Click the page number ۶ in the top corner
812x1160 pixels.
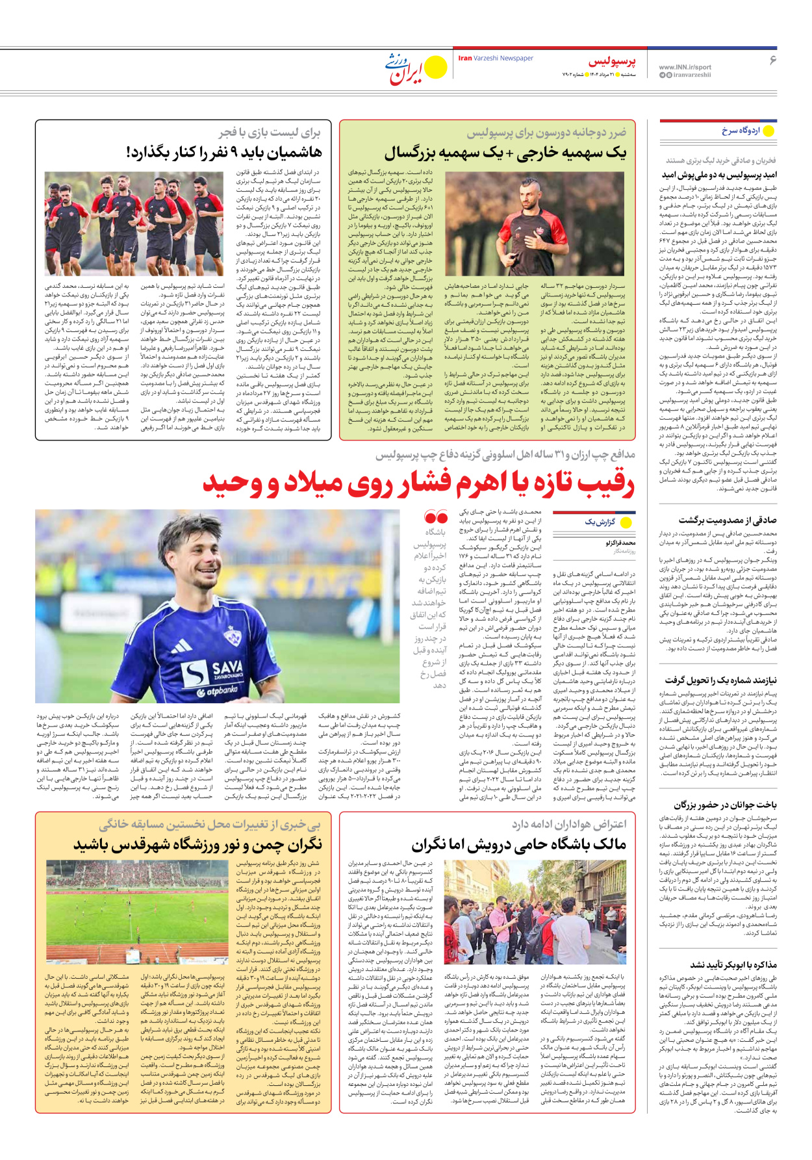(772, 60)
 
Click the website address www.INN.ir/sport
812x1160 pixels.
(685, 67)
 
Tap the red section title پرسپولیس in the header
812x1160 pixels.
(612, 62)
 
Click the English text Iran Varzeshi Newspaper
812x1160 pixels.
(496, 58)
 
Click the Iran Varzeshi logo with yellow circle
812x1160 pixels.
(416, 68)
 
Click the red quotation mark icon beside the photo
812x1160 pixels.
(435, 518)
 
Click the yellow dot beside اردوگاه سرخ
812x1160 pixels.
(768, 131)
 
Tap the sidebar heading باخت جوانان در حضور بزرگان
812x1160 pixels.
(724, 805)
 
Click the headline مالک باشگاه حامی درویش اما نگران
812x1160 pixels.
(518, 845)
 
